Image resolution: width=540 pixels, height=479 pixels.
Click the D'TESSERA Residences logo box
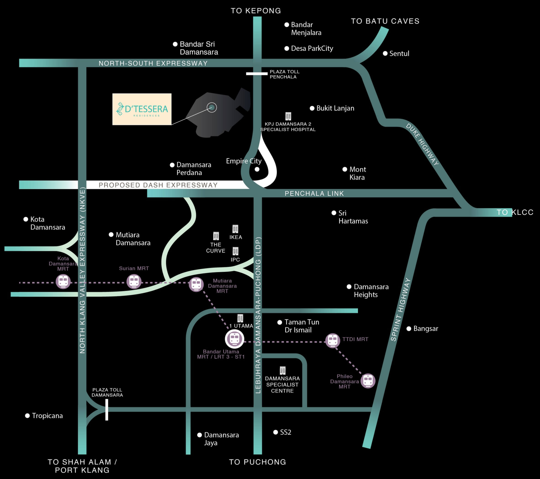point(142,109)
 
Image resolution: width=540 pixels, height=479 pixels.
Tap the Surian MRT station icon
point(134,281)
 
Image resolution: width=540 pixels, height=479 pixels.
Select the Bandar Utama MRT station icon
point(234,339)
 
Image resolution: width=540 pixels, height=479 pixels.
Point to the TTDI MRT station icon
point(332,340)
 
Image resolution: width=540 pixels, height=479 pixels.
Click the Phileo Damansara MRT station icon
point(368,381)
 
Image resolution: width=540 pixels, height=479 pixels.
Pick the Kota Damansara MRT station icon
point(63,281)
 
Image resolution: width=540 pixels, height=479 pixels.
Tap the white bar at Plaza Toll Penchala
point(257,74)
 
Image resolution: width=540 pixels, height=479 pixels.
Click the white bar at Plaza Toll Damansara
point(107,410)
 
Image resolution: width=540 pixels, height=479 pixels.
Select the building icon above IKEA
point(235,229)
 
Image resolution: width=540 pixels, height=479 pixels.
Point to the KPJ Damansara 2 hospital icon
point(288,116)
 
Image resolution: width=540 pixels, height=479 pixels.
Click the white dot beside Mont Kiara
point(345,169)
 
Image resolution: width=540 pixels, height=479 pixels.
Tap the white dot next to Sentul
point(385,54)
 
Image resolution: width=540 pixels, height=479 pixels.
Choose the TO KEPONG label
point(256,11)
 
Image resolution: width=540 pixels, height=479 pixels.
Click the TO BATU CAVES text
point(385,21)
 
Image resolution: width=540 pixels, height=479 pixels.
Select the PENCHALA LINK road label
point(314,193)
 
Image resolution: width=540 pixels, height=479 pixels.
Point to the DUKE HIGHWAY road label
point(422,144)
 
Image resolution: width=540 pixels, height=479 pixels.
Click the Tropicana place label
point(47,416)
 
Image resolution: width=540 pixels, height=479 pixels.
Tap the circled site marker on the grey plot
point(212,107)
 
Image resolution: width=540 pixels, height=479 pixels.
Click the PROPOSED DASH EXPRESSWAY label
point(158,185)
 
